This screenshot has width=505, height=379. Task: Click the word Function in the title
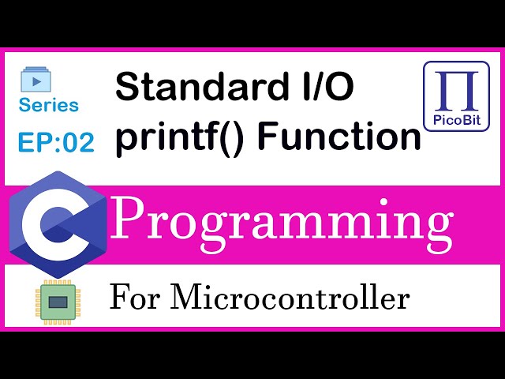pyautogui.click(x=339, y=137)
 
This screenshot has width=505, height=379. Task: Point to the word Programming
pyautogui.click(x=282, y=222)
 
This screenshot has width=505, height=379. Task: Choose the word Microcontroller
pyautogui.click(x=290, y=298)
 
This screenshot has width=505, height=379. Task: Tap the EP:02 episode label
pyautogui.click(x=55, y=142)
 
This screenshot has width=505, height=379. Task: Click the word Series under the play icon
pyautogui.click(x=49, y=105)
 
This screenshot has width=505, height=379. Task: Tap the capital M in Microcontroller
pyautogui.click(x=186, y=298)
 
